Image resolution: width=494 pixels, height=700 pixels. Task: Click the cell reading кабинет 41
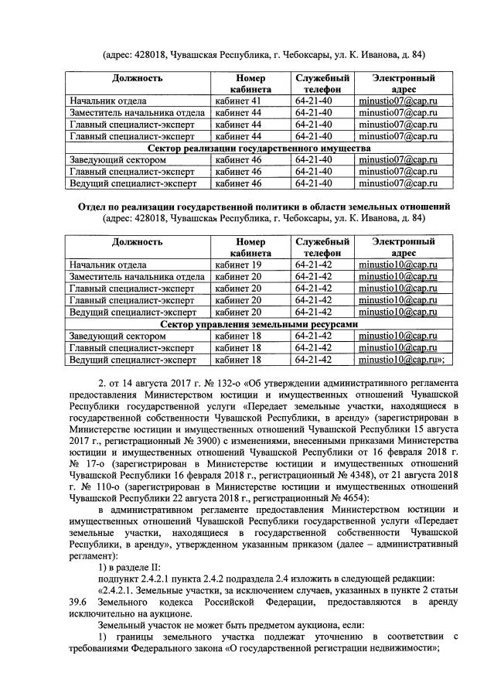(x=240, y=101)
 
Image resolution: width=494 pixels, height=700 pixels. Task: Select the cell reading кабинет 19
(x=240, y=265)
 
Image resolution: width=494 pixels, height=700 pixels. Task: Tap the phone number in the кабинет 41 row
(x=313, y=101)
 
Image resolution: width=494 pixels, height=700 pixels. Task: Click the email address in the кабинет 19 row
(x=397, y=265)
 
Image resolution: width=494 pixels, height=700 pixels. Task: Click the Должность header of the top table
(x=137, y=79)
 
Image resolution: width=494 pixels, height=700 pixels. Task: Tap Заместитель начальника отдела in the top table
(x=137, y=113)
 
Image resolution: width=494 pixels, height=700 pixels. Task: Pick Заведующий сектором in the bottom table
(x=117, y=336)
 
